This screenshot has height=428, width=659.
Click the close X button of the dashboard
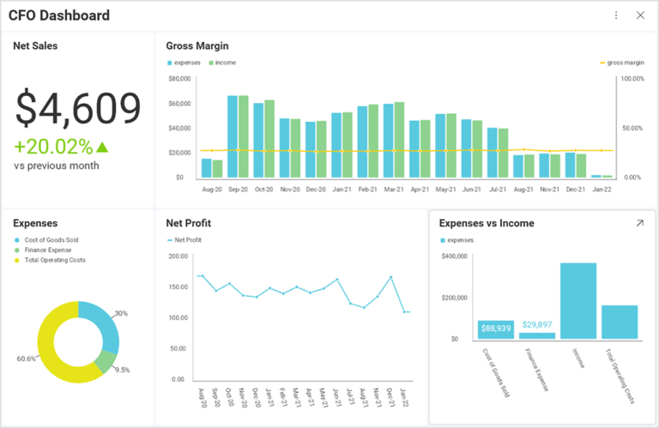640,15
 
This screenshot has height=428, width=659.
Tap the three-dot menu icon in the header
616,15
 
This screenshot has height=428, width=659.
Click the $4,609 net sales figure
78,109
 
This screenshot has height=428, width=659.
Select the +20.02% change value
53,147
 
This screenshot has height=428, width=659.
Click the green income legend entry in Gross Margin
221,63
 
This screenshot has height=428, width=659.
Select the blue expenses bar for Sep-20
233,136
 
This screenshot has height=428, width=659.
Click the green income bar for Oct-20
269,138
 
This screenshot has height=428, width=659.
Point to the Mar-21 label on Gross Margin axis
394,189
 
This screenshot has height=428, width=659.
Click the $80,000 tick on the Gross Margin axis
178,79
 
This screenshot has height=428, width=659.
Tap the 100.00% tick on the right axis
632,79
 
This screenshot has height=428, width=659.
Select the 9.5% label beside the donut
123,371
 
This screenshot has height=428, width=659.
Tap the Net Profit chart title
188,223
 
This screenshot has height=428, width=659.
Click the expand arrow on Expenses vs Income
638,223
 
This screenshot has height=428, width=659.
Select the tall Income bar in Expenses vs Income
577,300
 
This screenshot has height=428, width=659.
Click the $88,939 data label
496,329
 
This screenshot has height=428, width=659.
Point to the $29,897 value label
537,324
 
